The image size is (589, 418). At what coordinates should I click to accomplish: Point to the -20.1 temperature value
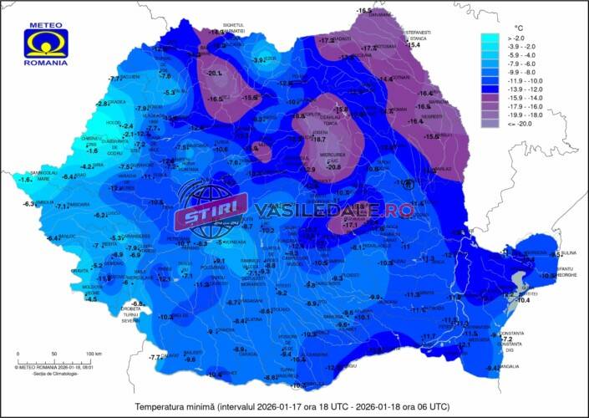[215, 74]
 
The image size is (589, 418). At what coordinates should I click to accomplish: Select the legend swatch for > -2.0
[489, 38]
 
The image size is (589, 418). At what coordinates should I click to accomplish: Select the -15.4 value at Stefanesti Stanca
[413, 45]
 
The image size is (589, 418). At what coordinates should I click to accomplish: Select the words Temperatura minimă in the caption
[175, 406]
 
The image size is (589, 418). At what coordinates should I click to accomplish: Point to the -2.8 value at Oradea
[103, 104]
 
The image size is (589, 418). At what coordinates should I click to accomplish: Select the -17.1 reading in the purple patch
[350, 225]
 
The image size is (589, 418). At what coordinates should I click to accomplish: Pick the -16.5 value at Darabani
[364, 10]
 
